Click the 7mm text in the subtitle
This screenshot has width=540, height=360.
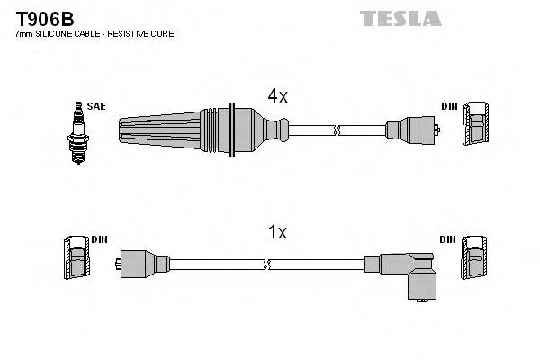tap(23, 34)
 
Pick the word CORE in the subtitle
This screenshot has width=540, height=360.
tap(165, 34)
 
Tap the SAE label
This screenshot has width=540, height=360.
tap(96, 107)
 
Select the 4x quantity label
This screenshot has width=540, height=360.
tap(277, 95)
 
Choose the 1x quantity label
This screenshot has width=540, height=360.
tap(277, 232)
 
